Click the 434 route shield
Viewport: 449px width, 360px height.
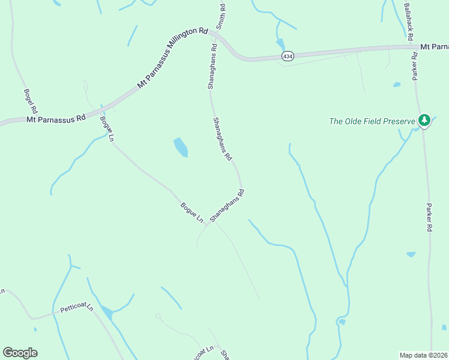288,56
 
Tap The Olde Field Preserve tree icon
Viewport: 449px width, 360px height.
424,121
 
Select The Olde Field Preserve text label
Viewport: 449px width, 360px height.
372,121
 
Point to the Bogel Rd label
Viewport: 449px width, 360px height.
30,102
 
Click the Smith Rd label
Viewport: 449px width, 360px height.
221,17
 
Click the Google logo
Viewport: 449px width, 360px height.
20,353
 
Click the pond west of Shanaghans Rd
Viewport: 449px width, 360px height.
181,147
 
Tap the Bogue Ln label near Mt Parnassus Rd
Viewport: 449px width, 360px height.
107,129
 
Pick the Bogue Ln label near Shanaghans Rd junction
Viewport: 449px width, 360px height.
191,212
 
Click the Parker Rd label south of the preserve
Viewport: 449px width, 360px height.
429,217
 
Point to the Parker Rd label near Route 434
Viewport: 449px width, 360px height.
414,66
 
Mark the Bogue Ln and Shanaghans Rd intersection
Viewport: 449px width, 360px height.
208,224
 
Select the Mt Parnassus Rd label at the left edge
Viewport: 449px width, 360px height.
56,119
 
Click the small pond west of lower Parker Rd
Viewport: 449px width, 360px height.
411,254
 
